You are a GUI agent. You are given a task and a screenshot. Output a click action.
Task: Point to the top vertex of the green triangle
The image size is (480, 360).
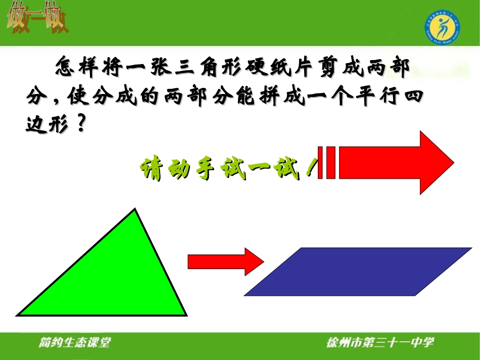click(135, 209)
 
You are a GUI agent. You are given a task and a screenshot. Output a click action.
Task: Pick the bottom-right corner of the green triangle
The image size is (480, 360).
click(185, 315)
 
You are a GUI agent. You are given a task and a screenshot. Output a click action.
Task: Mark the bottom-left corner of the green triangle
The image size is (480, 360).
click(18, 314)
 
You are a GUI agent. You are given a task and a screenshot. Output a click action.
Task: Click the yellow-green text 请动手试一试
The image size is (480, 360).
click(222, 171)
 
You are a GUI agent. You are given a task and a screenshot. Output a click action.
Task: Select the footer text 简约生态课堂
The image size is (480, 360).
click(74, 343)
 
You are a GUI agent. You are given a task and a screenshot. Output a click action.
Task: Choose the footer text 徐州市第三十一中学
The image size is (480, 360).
click(380, 343)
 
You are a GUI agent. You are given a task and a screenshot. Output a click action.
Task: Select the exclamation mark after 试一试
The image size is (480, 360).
click(309, 170)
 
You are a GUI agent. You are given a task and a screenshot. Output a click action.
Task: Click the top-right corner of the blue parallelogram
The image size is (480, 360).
click(470, 248)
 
